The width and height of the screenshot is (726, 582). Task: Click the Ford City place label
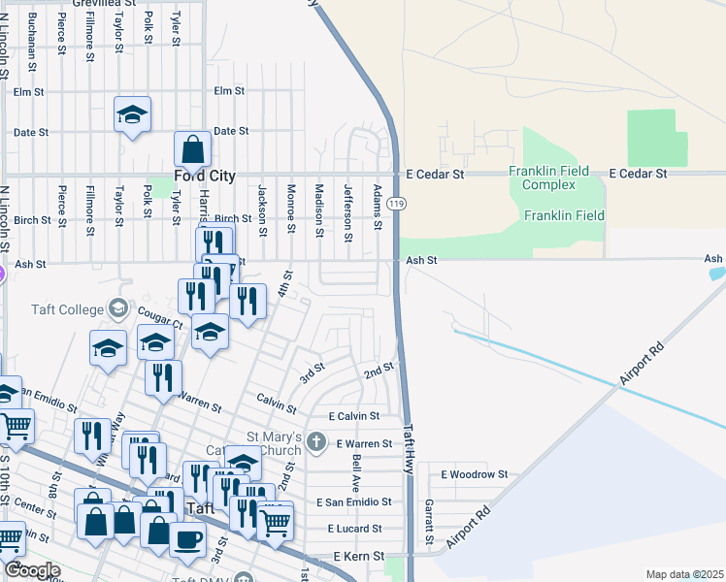tap(204, 177)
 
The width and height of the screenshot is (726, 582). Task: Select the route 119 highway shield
tap(395, 204)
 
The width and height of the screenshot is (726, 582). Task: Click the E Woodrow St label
tap(475, 474)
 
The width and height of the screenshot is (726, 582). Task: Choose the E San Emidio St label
tap(353, 502)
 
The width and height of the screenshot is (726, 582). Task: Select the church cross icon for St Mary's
tap(315, 442)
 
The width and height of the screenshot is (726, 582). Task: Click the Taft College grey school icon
tap(118, 308)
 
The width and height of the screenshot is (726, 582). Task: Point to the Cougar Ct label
tap(161, 316)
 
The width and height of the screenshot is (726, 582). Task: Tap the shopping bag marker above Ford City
tap(192, 150)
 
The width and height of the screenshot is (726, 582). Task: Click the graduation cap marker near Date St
tap(133, 116)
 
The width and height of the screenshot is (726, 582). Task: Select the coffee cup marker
tap(187, 539)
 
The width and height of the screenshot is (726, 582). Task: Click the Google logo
tap(32, 570)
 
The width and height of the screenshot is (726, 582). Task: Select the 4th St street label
tap(282, 287)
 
